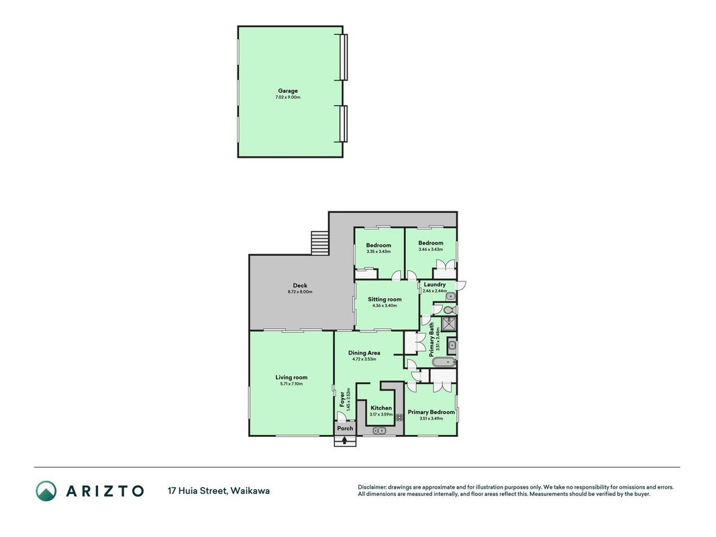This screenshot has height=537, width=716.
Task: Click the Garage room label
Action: coord(288,91)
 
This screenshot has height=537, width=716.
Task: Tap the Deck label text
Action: coord(300,285)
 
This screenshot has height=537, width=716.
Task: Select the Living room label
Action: coord(291,377)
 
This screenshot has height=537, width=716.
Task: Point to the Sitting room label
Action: coord(385,299)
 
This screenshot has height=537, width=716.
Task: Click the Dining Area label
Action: coord(364,352)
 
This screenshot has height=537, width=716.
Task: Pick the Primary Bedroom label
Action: coord(431,412)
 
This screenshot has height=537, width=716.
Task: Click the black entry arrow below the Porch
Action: coord(345,440)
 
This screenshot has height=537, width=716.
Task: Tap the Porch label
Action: coord(345,428)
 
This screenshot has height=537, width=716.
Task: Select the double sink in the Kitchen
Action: coord(379,430)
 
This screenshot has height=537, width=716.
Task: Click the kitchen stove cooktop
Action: coord(399,418)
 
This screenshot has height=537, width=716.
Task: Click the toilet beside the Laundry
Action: coord(448,310)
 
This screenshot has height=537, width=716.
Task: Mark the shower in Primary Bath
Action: coord(448,324)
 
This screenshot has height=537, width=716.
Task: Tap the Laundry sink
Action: coord(450,297)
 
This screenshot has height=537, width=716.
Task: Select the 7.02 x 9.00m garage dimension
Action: coord(288,97)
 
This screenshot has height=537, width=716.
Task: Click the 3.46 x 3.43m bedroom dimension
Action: coord(431,249)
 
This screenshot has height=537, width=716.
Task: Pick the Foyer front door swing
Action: coord(341,416)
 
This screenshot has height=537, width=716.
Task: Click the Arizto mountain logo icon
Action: coord(46,491)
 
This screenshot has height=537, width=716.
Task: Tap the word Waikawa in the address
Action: coord(250,491)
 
